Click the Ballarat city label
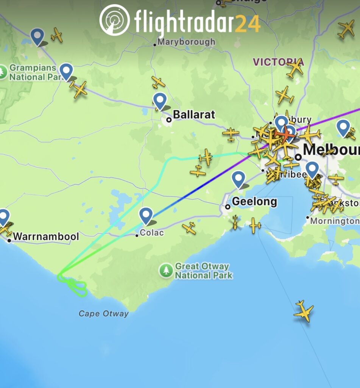[x=194, y=114]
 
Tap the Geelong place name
[x=254, y=202]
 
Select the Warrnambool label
[x=46, y=237]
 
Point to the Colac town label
[x=152, y=233]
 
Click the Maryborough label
[x=186, y=42]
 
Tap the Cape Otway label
[x=103, y=314]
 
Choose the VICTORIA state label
[x=278, y=62]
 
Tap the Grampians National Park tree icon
[x=3, y=72]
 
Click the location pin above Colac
[x=146, y=215]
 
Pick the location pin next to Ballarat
[x=160, y=101]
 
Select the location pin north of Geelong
[x=238, y=179]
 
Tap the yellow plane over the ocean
[x=304, y=311]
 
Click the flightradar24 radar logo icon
[x=114, y=20]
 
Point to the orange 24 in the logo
[x=248, y=23]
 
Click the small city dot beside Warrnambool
[x=9, y=240]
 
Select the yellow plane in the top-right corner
[x=346, y=29]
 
